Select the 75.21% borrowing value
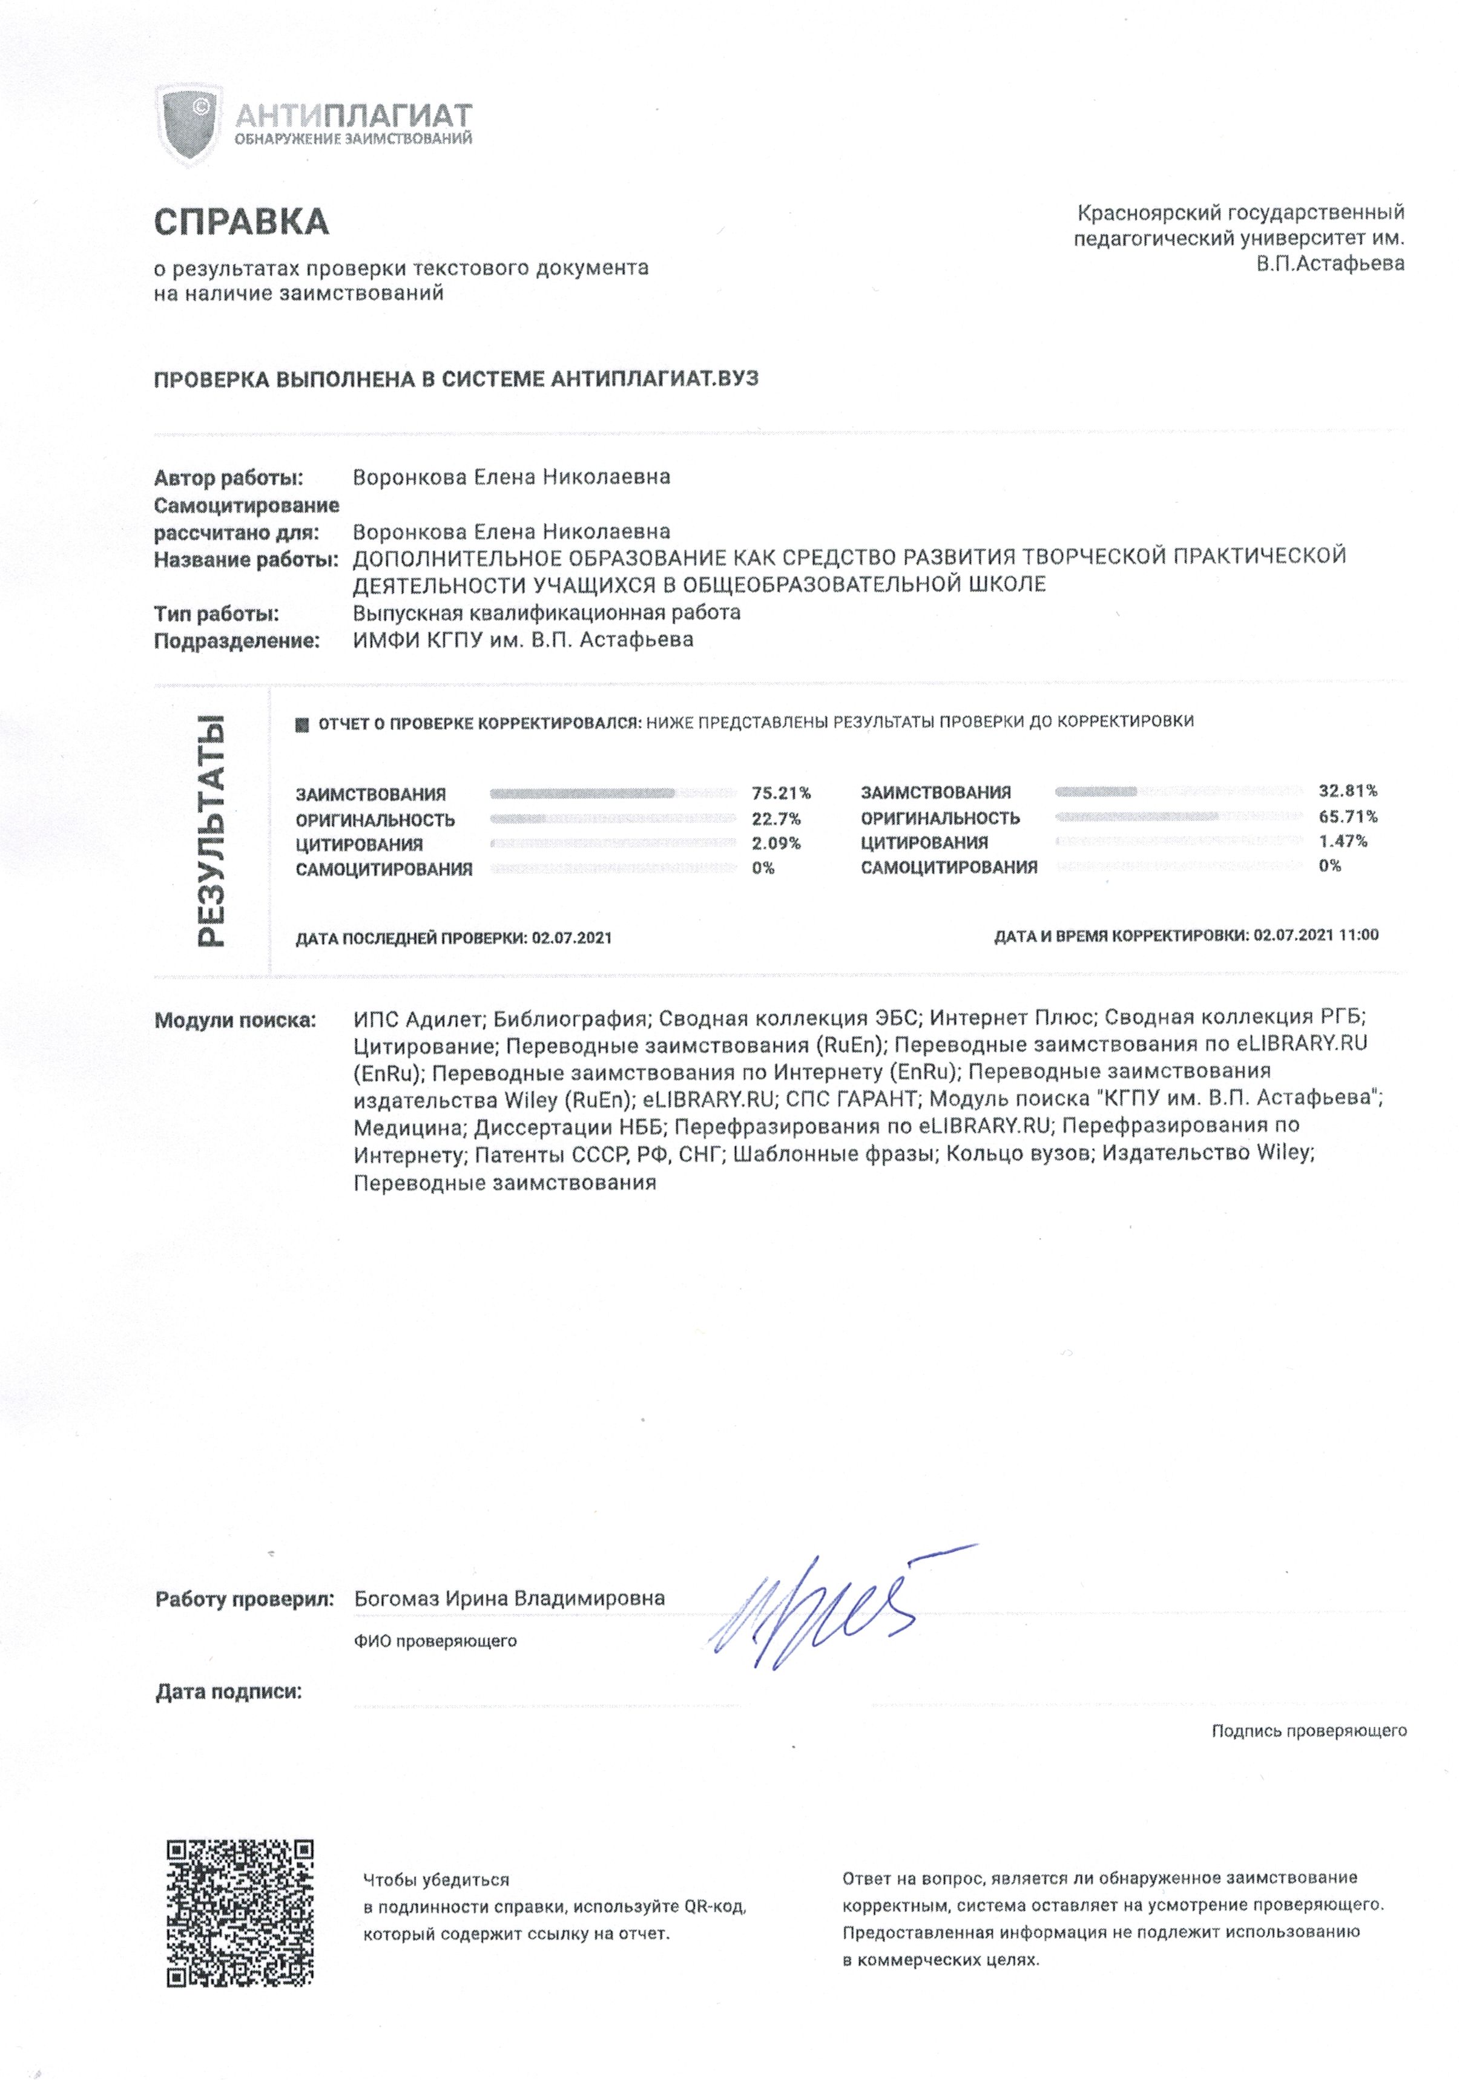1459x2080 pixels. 781,793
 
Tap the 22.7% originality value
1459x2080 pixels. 776,819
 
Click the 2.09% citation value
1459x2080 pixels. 776,844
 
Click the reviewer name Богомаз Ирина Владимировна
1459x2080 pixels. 509,1599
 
